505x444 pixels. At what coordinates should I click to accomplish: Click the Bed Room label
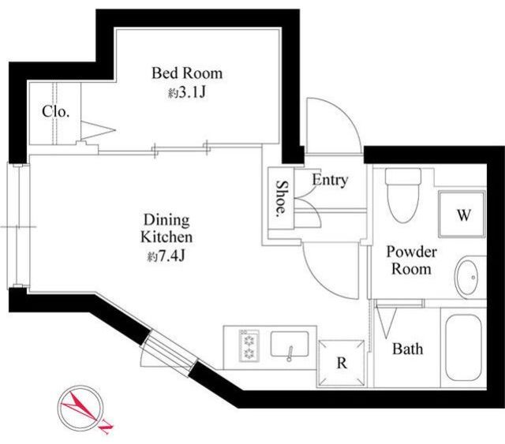click(187, 73)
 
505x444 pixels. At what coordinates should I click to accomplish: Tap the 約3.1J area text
click(187, 93)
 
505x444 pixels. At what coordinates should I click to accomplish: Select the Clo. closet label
click(56, 111)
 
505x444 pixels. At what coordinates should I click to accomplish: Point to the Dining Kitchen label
click(166, 228)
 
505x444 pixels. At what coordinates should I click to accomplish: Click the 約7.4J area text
click(166, 256)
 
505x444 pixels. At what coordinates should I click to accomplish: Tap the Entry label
click(330, 180)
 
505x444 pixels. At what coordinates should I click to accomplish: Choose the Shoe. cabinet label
click(282, 198)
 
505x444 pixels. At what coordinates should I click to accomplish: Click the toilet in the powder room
click(403, 196)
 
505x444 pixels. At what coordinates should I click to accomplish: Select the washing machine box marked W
click(462, 214)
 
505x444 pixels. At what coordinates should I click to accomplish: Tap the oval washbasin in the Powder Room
click(466, 278)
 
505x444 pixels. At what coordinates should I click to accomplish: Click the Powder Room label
click(411, 260)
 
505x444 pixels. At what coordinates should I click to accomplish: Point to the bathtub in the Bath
click(464, 347)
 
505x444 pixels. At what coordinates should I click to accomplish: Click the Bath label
click(407, 349)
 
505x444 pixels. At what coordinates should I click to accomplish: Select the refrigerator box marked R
click(342, 364)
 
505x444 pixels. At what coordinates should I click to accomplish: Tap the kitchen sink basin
click(290, 344)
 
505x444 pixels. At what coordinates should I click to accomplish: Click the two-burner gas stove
click(249, 345)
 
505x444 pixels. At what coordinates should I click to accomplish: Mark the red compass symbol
click(81, 408)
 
